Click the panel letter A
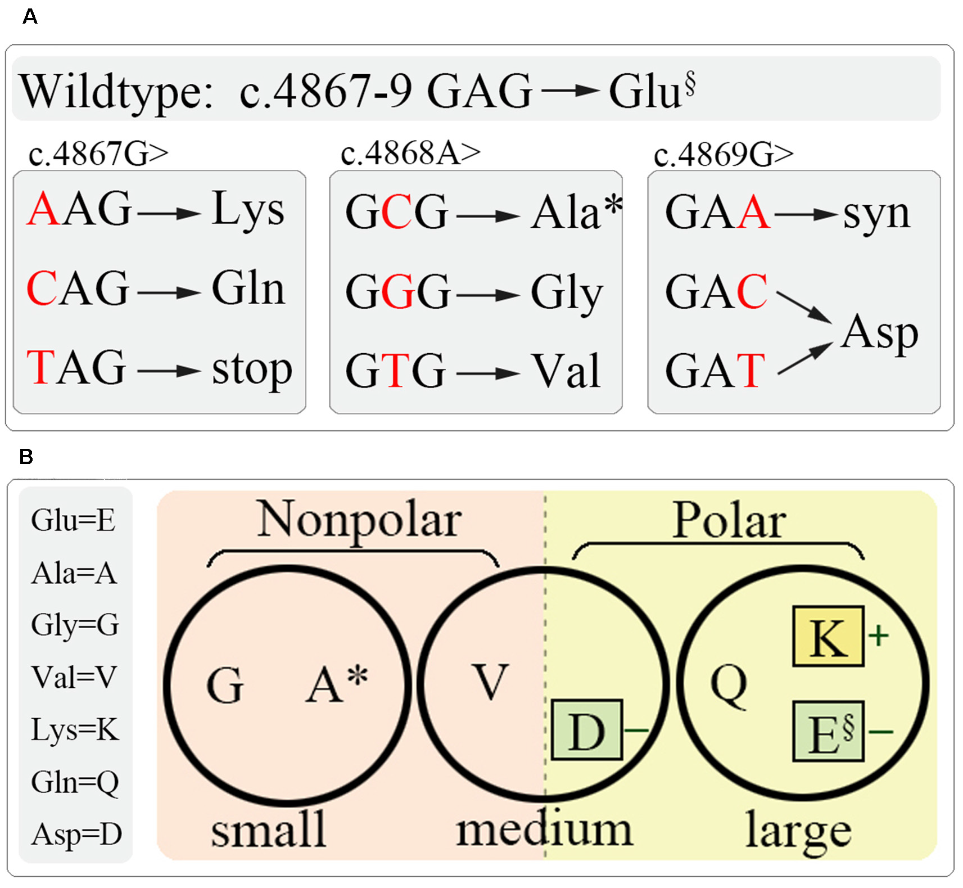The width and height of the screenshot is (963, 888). coord(30,16)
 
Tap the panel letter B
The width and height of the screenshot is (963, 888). coord(26,456)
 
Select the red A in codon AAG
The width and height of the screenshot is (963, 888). coord(43,209)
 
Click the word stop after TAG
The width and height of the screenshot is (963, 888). coord(251,369)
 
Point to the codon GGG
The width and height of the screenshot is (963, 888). coord(397,291)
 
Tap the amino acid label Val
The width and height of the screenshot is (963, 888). coord(566,371)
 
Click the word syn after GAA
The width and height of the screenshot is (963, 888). coord(876,213)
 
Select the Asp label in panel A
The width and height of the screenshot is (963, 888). coord(879,333)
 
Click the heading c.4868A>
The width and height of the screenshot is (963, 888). coord(410,153)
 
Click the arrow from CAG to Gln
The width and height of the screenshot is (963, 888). coord(169,292)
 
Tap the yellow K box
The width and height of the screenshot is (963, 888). coord(828,637)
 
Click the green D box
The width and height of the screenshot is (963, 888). coord(586,730)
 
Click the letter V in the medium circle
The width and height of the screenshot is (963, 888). coord(490,682)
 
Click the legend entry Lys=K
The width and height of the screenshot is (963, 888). coord(75,729)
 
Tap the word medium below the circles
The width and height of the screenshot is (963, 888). coord(544,830)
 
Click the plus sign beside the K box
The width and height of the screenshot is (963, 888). coord(878,636)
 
